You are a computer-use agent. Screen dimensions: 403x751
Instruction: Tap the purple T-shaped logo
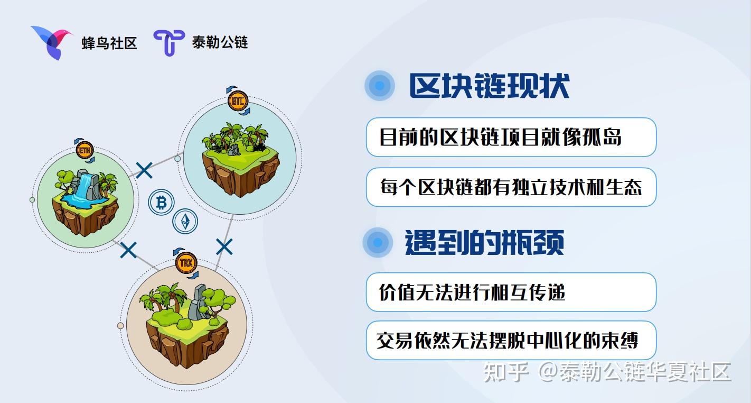coord(169,42)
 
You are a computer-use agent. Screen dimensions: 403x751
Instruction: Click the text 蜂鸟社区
coord(109,43)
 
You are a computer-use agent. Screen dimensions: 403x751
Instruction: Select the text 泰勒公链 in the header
coord(220,42)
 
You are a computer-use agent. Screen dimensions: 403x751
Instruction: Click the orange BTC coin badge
coord(238,101)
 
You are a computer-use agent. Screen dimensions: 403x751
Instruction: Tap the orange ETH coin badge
coord(85,150)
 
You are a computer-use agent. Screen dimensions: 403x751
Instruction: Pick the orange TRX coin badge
coord(186,263)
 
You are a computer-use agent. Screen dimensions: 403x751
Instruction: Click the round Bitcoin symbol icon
coord(161,203)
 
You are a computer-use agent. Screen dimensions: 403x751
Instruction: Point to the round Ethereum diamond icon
coord(185,222)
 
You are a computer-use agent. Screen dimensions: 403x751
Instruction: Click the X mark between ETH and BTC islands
coord(144,170)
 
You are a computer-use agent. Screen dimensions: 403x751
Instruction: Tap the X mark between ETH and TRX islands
coord(128,250)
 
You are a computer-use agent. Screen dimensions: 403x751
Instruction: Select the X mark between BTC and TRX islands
coord(224,246)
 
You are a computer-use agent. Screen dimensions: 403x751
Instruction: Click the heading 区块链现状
coord(489,86)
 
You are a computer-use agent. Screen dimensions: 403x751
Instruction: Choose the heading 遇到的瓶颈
coord(484,243)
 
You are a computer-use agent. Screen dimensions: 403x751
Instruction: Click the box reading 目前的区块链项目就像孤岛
coord(511,137)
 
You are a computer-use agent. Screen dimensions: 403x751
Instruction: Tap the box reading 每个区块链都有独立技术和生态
coord(511,187)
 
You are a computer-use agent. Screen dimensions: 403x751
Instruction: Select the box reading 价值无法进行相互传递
coord(511,292)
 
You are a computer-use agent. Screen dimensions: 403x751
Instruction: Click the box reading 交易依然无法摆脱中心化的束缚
coord(511,340)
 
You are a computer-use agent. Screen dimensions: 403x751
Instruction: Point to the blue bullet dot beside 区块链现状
coord(380,86)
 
